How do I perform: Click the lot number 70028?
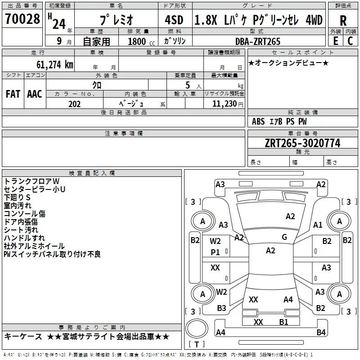[x=22, y=18]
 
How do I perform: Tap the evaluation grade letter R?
[x=343, y=21]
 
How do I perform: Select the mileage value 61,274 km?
[x=55, y=64]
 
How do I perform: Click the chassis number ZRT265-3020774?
[x=302, y=143]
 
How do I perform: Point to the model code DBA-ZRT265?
[x=258, y=41]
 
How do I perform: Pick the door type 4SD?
[x=174, y=20]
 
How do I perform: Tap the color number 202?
[x=74, y=104]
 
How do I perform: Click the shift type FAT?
[x=13, y=94]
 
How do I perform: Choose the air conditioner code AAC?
[x=35, y=94]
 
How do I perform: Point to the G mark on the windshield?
[x=284, y=237]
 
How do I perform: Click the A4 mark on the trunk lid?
[x=288, y=300]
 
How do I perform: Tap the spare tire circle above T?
[x=197, y=328]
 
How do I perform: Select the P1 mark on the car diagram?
[x=215, y=252]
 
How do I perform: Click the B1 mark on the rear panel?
[x=284, y=322]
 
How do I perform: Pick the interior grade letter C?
[x=350, y=41]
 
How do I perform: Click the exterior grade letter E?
[x=336, y=41]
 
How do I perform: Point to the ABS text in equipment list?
[x=258, y=121]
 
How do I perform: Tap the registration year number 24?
[x=59, y=24]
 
